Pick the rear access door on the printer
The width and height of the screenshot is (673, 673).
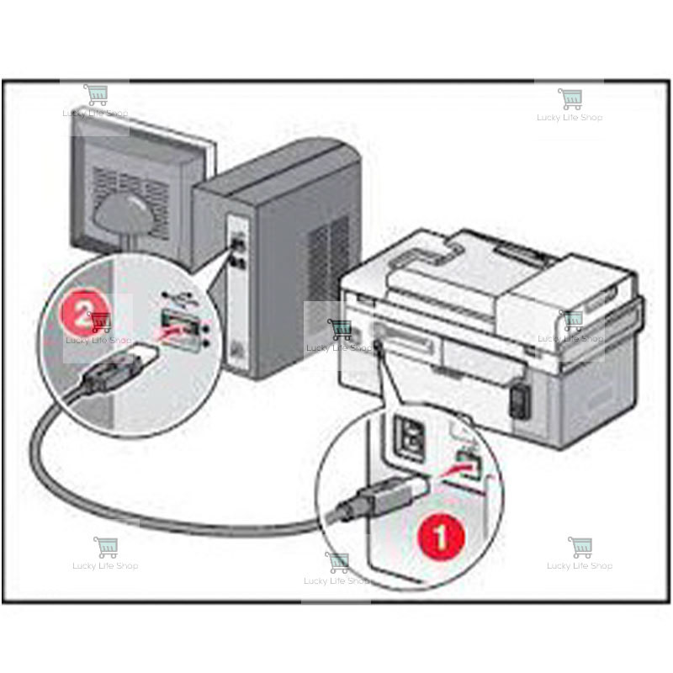471,358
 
